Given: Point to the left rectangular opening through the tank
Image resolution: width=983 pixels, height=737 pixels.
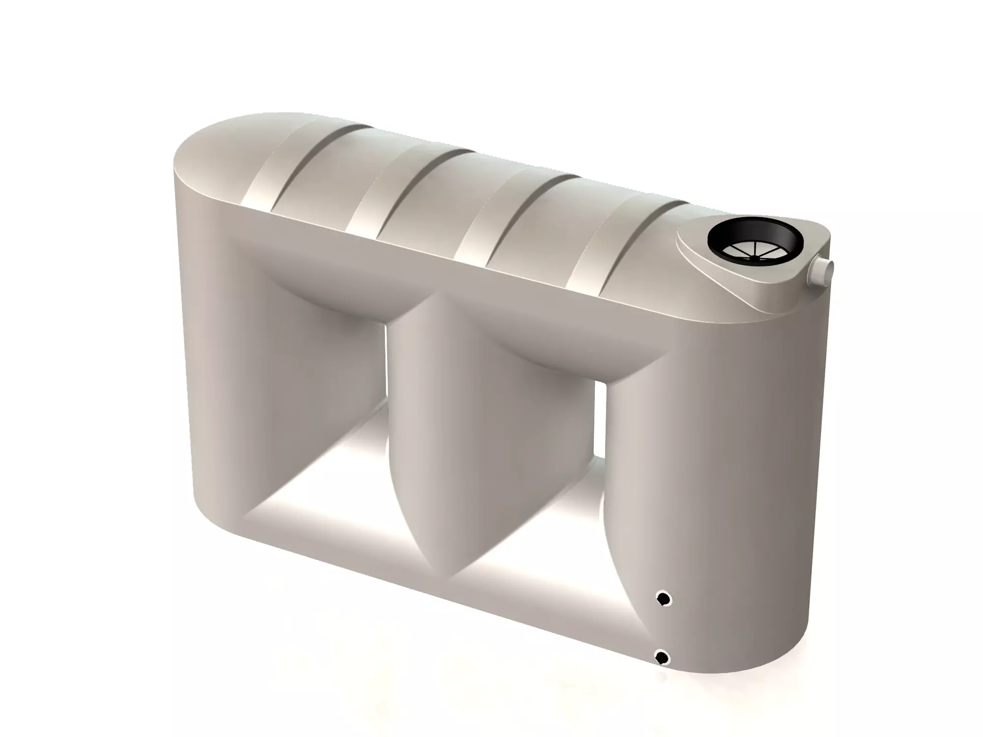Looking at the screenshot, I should (x=315, y=442).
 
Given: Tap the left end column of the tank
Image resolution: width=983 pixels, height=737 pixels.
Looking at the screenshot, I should (x=216, y=368).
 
